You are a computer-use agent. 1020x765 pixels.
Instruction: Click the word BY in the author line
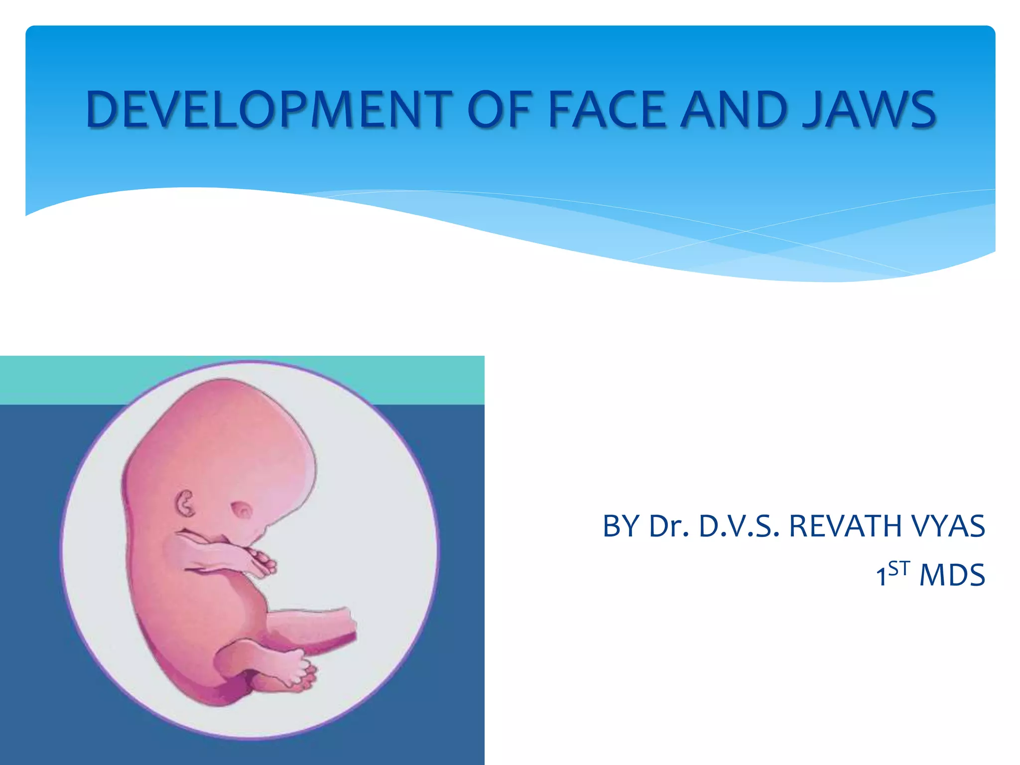[x=621, y=526]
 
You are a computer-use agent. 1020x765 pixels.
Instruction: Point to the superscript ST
[x=899, y=568]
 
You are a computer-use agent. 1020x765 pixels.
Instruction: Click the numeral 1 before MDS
[x=881, y=577]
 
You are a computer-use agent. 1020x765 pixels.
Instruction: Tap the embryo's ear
[x=186, y=503]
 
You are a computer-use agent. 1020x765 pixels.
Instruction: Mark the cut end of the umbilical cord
[x=352, y=623]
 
